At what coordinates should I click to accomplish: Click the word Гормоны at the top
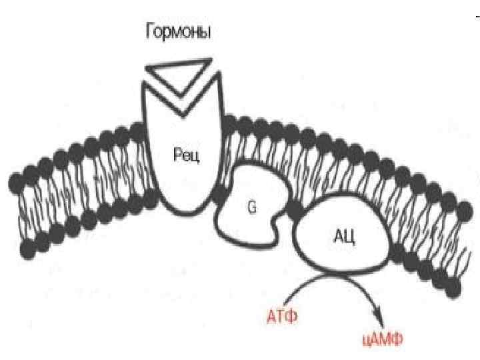pos(178,31)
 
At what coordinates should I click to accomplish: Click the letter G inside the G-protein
pos(252,207)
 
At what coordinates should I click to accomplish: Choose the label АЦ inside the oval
pos(343,234)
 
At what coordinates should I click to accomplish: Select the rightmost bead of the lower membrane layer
pos(454,287)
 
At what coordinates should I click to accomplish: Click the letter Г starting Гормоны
pos(150,31)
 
